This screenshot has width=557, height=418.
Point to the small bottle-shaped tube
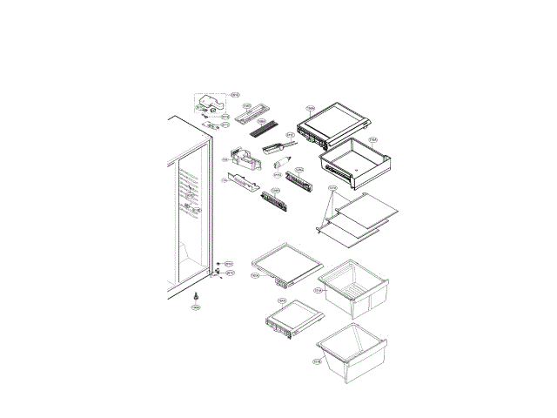click(x=283, y=162)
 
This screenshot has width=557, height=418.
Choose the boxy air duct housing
click(x=246, y=159)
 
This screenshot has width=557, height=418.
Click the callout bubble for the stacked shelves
click(x=332, y=187)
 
